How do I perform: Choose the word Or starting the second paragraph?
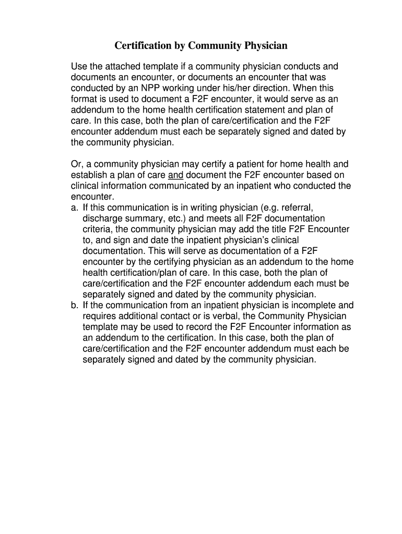(76, 164)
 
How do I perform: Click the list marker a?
(74, 208)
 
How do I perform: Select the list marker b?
(74, 306)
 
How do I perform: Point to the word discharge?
(102, 219)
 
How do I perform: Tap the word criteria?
(98, 229)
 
